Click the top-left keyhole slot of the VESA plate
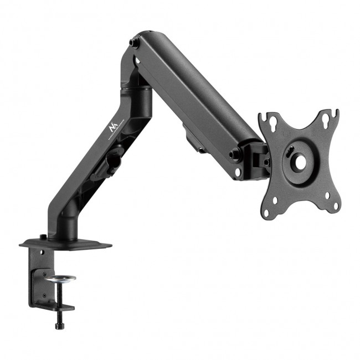pos(271,119)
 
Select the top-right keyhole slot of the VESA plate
pos(333,115)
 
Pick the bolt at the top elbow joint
pos(134,43)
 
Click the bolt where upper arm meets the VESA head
pos(237,155)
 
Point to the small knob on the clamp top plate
pos(43,238)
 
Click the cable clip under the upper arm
pos(193,141)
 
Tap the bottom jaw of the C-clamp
pos(58,306)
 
